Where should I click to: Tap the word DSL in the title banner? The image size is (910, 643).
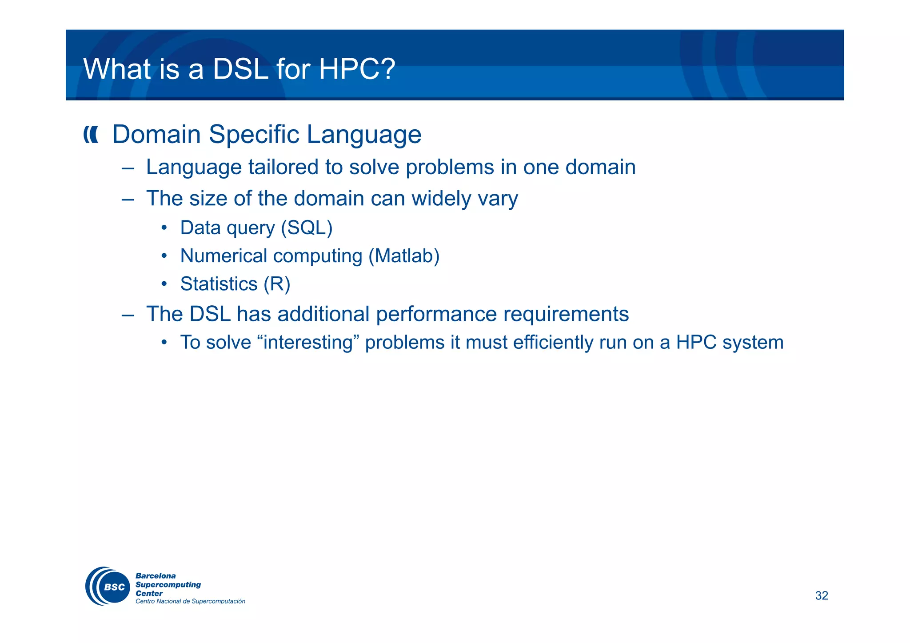click(240, 69)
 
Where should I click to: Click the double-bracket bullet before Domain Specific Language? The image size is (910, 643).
click(91, 135)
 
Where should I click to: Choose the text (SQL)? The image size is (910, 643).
click(307, 228)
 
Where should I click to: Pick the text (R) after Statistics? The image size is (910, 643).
click(276, 284)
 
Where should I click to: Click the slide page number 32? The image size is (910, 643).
click(821, 595)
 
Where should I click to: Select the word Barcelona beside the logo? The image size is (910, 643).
click(156, 576)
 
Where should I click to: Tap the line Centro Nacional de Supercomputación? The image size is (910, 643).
click(190, 601)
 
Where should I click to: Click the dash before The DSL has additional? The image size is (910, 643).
click(128, 315)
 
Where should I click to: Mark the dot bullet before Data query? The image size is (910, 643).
click(164, 228)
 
